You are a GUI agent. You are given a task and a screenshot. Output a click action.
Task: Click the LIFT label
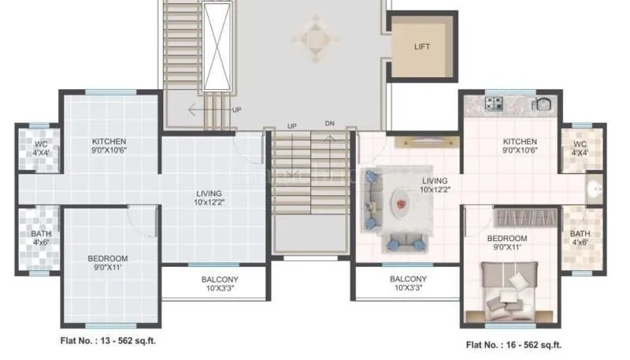(423, 46)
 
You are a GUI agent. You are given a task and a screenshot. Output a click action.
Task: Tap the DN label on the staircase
(330, 124)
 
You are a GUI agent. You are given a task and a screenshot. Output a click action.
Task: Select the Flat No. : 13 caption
(111, 342)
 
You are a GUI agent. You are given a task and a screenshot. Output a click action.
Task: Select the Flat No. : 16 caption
(513, 344)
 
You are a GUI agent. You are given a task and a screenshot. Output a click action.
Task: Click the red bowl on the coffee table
(402, 205)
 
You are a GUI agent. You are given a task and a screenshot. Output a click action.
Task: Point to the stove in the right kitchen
(494, 102)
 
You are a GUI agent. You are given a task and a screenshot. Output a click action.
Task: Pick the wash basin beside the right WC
(595, 189)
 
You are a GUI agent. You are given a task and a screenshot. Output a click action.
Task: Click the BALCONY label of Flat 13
(213, 280)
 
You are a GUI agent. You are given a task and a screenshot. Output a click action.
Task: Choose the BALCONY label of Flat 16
(408, 280)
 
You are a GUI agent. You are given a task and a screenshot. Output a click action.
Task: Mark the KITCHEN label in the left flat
(109, 142)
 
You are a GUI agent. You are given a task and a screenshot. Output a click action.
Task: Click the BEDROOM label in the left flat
(108, 258)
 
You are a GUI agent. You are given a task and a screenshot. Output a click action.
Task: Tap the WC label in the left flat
(39, 144)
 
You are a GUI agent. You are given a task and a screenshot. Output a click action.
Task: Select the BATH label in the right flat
(580, 234)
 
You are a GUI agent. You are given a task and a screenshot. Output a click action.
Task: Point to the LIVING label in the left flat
(209, 193)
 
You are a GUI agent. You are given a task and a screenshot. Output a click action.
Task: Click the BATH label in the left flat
(40, 234)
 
